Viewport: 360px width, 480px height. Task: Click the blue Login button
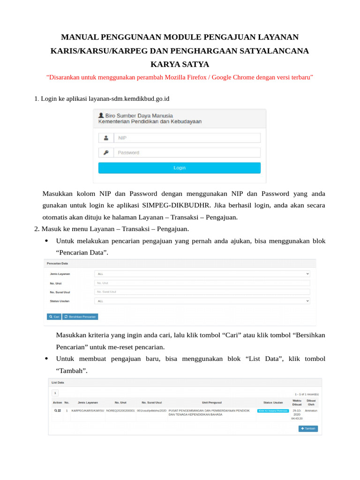(179, 168)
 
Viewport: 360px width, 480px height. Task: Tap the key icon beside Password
(106, 153)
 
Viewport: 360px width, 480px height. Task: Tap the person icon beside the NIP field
(106, 138)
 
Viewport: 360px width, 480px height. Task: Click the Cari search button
(54, 317)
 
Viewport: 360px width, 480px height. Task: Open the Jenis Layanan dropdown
(202, 274)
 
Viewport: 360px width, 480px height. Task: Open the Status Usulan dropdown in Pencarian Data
(202, 301)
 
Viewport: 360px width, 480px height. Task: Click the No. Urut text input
(202, 283)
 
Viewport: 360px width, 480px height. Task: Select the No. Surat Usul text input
(202, 292)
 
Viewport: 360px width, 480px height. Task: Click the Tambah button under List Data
(308, 428)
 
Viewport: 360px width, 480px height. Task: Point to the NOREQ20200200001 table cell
(120, 411)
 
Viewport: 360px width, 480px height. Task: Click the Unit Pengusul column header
(212, 402)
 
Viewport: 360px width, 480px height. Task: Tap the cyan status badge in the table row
(272, 411)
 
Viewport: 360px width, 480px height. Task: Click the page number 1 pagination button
(55, 393)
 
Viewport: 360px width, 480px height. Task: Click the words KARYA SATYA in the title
(180, 64)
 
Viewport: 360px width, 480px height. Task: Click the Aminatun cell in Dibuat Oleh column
(311, 411)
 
